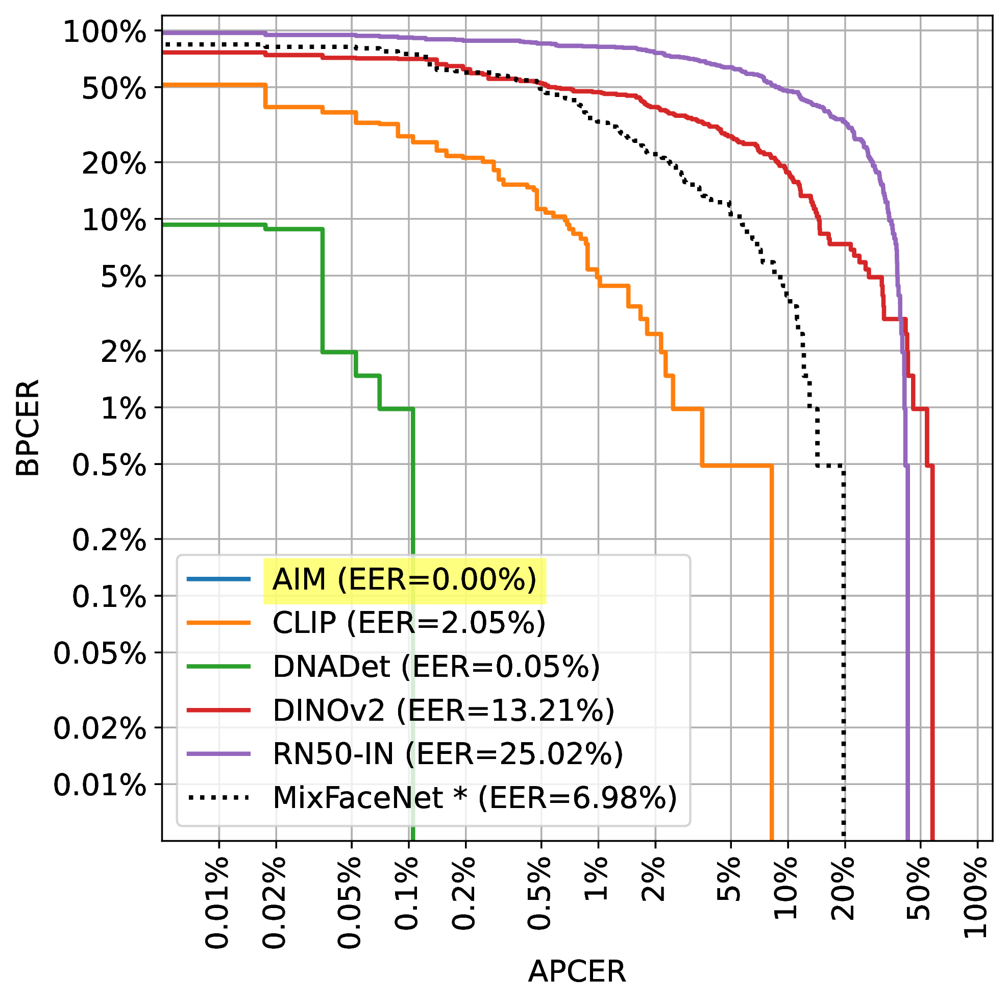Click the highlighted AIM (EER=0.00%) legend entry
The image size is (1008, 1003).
pos(404,580)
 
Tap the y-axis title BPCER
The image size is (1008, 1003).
pos(27,428)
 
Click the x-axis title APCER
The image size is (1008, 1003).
pos(577,972)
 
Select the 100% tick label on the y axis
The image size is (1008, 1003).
pos(104,33)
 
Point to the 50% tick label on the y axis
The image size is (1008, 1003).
pos(114,89)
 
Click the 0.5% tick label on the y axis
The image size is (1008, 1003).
pos(109,465)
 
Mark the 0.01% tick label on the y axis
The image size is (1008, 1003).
pos(100,785)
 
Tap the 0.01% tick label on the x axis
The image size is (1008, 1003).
pos(217,902)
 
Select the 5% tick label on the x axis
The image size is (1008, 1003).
pos(729,879)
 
